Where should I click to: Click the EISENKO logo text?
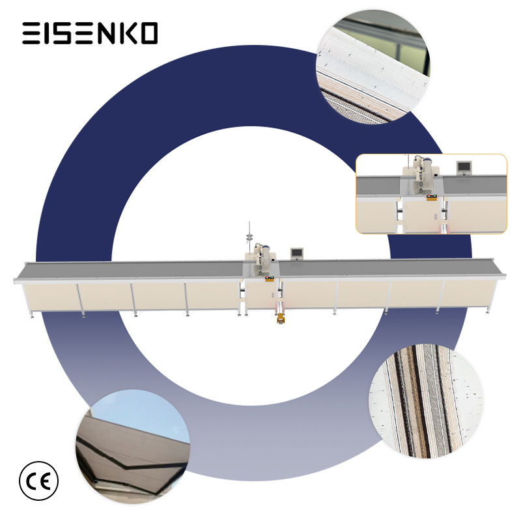[x=90, y=33]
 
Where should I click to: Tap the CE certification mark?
[x=38, y=481]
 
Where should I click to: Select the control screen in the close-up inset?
[x=464, y=166]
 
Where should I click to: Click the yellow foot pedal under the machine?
[x=281, y=318]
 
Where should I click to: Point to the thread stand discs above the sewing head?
[x=249, y=236]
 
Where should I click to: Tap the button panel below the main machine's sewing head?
[x=269, y=279]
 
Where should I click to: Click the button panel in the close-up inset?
[x=431, y=197]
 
